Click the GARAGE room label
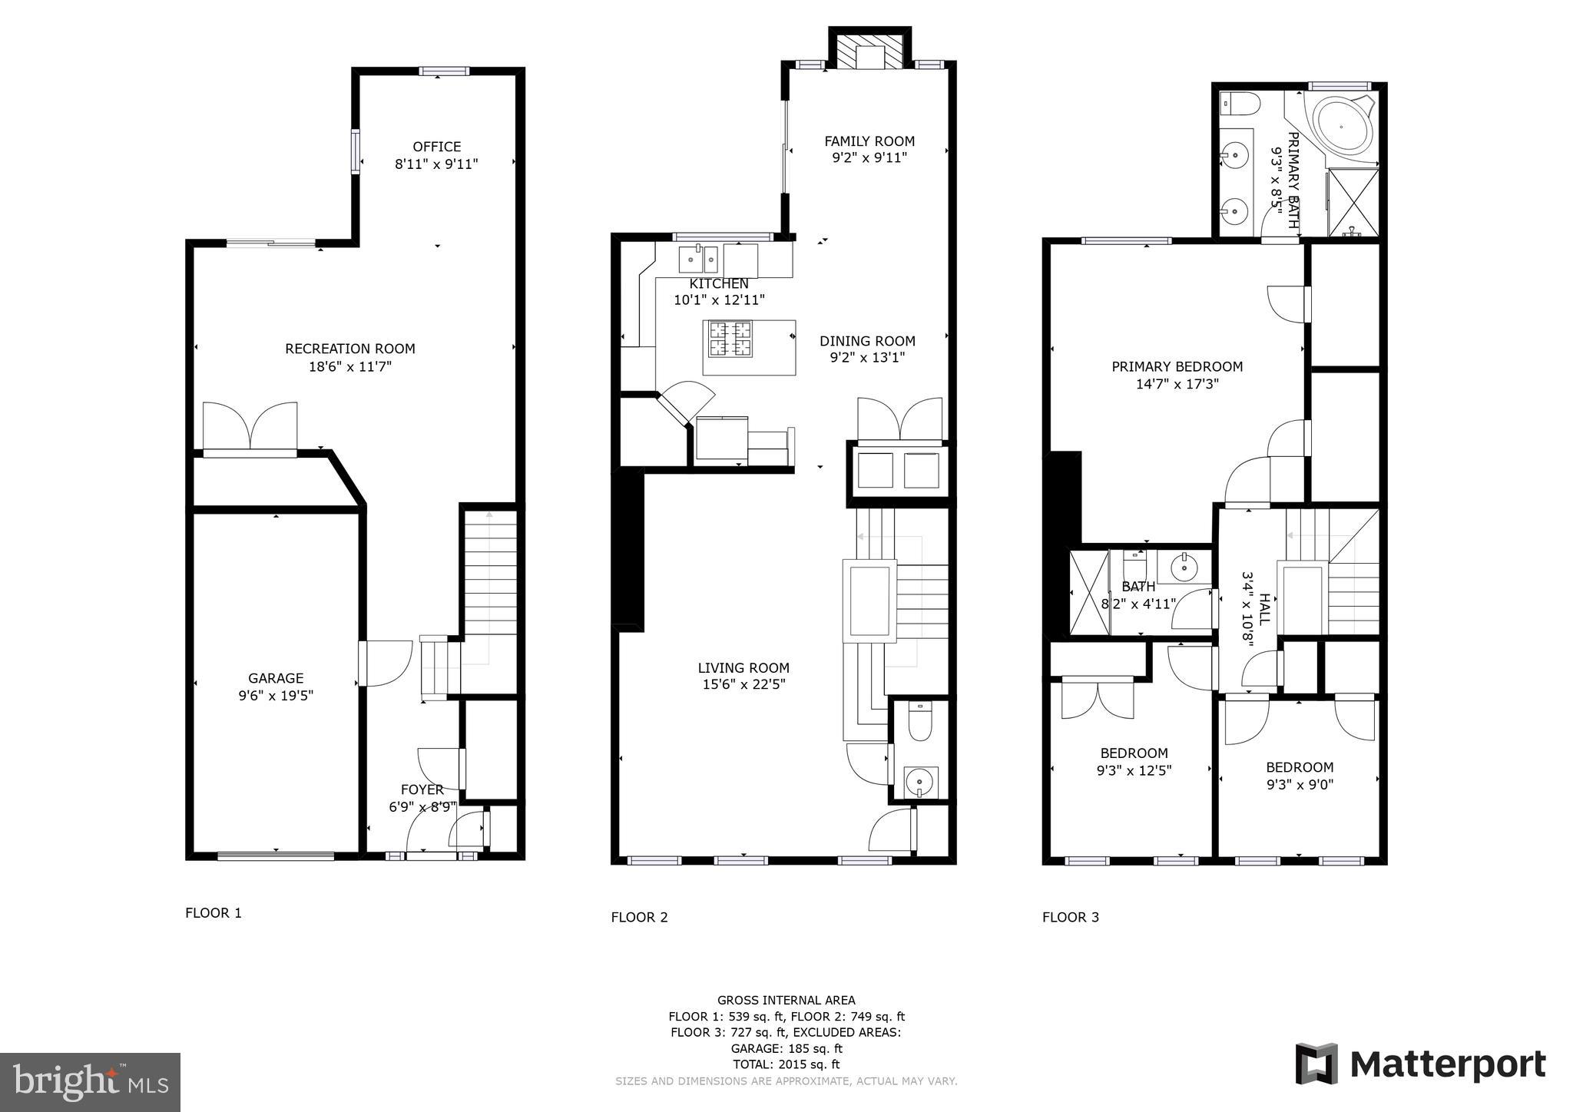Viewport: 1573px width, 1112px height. pos(276,678)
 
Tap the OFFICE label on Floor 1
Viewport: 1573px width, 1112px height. pos(437,147)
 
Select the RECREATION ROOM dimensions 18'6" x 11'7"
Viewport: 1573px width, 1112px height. pos(350,367)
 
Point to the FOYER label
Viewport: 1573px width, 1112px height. pos(422,789)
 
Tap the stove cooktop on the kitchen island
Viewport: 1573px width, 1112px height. pos(730,339)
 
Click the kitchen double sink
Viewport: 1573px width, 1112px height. pos(698,260)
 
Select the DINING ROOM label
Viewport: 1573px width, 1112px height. pos(867,341)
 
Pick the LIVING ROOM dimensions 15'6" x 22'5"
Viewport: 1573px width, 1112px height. pos(743,684)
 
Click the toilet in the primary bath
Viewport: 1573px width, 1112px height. pos(1240,102)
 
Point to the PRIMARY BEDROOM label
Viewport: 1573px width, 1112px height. pos(1177,367)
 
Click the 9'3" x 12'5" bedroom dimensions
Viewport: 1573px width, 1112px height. pos(1134,770)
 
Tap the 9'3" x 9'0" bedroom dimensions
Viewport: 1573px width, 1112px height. pos(1300,784)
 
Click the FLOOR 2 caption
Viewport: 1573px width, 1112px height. pos(639,917)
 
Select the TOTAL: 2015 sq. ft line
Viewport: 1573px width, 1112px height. pos(786,1064)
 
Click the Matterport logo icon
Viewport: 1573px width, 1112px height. pos(1316,1064)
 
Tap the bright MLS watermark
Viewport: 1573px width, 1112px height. pos(90,1082)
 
